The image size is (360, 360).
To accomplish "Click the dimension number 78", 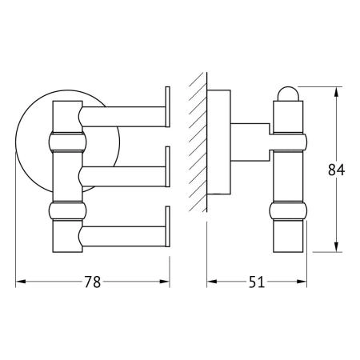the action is (93, 282).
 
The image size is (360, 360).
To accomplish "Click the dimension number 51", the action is (257, 282).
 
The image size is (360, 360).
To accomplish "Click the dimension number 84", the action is (336, 170).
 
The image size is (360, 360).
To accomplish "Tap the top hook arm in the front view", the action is (122, 117).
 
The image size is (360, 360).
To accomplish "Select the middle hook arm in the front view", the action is (122, 177).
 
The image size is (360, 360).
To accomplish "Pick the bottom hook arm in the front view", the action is (122, 236).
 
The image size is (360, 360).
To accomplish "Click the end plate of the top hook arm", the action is (168, 106).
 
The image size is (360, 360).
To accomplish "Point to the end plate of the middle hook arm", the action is (168, 166).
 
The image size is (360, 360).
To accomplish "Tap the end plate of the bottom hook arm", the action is (168, 226).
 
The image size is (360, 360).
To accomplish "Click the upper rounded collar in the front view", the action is (67, 142).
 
